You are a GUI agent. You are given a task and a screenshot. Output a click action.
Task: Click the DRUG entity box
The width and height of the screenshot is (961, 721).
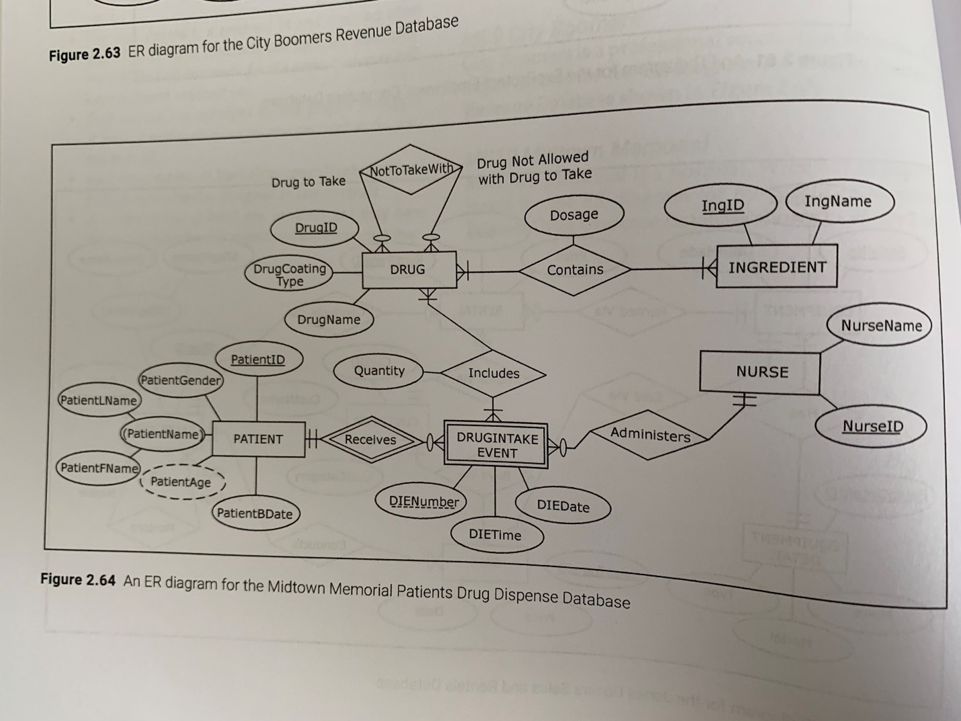[409, 269]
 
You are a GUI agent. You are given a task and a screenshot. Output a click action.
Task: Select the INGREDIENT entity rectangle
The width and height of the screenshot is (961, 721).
[776, 267]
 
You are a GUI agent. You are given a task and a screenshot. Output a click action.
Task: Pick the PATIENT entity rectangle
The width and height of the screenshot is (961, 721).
[258, 439]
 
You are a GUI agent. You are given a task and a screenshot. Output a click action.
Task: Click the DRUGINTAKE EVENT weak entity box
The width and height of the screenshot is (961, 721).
[497, 445]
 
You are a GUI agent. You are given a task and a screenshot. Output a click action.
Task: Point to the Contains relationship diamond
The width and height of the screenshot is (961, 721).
[575, 269]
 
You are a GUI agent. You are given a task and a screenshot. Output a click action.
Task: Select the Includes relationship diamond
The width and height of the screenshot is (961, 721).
[493, 373]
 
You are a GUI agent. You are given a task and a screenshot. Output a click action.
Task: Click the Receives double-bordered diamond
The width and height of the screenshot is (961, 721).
[370, 439]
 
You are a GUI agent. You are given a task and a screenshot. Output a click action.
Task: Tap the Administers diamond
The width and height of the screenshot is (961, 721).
[649, 435]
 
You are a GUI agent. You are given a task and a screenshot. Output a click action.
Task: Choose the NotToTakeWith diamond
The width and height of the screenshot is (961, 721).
[411, 169]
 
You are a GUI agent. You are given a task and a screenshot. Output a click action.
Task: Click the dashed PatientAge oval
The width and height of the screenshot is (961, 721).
[181, 482]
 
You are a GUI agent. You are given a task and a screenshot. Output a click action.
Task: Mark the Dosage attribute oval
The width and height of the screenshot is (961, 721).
[574, 215]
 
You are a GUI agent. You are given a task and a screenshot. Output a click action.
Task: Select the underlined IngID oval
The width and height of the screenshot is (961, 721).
[722, 205]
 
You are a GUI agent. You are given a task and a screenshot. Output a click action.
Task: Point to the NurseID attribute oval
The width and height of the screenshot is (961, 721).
[872, 426]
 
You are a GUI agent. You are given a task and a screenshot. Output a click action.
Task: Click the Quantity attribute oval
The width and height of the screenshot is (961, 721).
[379, 371]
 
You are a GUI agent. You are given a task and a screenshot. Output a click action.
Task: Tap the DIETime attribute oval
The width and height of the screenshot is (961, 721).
[495, 535]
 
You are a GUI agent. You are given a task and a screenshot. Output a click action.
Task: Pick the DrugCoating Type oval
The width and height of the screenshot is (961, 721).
[290, 275]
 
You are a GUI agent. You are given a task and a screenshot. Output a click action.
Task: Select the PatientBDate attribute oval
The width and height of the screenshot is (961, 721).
[255, 514]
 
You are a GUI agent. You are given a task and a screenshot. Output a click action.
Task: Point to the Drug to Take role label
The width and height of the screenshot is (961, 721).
[308, 182]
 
